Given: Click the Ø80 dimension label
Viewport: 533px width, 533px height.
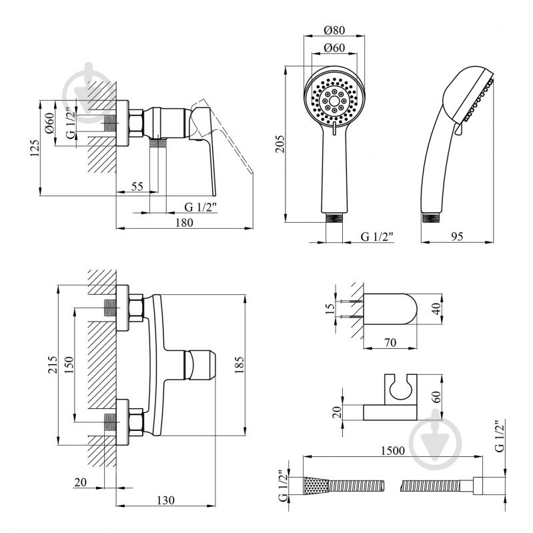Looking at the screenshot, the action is [334, 30].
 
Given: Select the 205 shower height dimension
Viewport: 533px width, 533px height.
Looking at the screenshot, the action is [280, 144].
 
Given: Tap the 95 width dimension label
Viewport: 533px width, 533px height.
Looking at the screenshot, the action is [457, 236].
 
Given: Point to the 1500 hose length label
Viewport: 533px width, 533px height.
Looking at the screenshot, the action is [393, 451].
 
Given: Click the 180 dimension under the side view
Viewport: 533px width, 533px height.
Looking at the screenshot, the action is [184, 223].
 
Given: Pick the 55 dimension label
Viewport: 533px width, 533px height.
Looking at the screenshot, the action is [137, 186].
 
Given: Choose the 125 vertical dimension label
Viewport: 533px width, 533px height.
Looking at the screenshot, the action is [35, 148].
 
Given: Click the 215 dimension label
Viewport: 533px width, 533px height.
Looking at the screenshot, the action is [53, 365].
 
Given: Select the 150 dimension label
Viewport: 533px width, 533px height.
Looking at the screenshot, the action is [69, 365].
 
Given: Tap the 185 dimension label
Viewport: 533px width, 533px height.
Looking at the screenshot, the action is [239, 365].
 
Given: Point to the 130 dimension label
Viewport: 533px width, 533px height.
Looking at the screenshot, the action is [165, 500].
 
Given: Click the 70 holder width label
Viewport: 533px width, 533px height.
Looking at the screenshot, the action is [390, 342].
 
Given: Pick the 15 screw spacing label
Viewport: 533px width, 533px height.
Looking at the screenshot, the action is [330, 308].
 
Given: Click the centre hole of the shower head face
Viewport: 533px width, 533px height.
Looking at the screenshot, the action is [334, 101].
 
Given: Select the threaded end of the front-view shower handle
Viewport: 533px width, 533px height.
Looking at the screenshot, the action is [334, 218].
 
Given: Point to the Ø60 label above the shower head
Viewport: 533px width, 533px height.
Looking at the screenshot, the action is [334, 47].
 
